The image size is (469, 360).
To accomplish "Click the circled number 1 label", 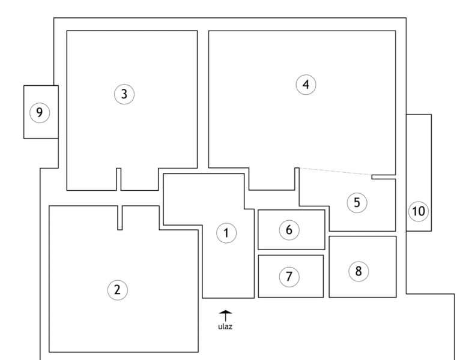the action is [226, 233].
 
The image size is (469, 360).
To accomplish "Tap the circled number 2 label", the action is [118, 290].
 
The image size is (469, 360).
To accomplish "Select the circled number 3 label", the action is [124, 94].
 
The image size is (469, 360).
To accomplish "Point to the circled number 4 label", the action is [306, 85].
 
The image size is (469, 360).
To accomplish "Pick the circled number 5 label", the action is [357, 203].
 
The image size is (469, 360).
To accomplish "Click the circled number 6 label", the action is [289, 230].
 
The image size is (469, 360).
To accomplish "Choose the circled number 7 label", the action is [289, 277].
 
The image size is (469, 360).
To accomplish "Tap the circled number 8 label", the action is [359, 271].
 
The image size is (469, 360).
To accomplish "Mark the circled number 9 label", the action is [40, 113].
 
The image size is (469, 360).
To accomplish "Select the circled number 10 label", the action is [419, 211].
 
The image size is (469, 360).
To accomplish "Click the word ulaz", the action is [225, 326].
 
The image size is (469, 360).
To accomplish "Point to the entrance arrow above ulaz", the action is [226, 316].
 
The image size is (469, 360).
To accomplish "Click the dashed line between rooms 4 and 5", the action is [335, 171].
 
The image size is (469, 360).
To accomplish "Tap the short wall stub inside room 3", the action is [119, 179].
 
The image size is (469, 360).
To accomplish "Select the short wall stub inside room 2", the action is [120, 218].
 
